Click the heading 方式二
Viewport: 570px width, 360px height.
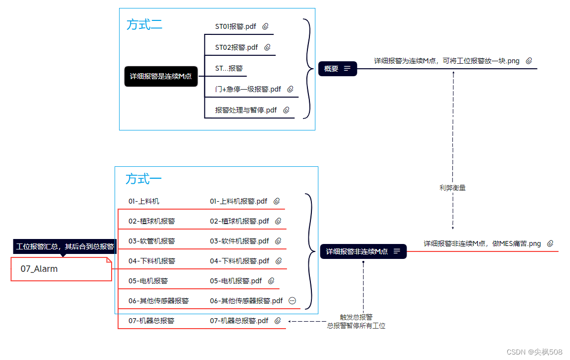tap(144, 24)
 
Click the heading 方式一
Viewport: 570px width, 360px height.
tap(143, 179)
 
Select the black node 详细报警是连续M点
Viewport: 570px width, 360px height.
tap(160, 76)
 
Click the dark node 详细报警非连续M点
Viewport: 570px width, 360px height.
tap(363, 251)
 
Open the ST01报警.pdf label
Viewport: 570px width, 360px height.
tap(236, 26)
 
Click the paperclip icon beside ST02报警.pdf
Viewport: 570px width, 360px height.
tap(267, 47)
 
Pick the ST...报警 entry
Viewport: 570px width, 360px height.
tap(229, 68)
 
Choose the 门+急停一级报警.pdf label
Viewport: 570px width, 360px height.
tap(248, 89)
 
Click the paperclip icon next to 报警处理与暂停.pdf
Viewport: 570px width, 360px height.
tap(286, 110)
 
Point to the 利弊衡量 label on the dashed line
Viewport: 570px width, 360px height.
tap(452, 188)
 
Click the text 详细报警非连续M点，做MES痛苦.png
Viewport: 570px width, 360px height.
tap(482, 243)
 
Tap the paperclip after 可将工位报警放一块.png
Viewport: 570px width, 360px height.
tap(529, 61)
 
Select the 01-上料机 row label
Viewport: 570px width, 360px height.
tap(144, 201)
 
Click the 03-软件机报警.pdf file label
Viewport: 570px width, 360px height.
tap(239, 241)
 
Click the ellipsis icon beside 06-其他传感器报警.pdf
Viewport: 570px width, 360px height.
tap(292, 301)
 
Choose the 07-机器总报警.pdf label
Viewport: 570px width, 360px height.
tap(239, 321)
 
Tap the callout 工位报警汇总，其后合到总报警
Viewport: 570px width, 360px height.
tap(65, 246)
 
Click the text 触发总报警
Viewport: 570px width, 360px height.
tap(356, 317)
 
